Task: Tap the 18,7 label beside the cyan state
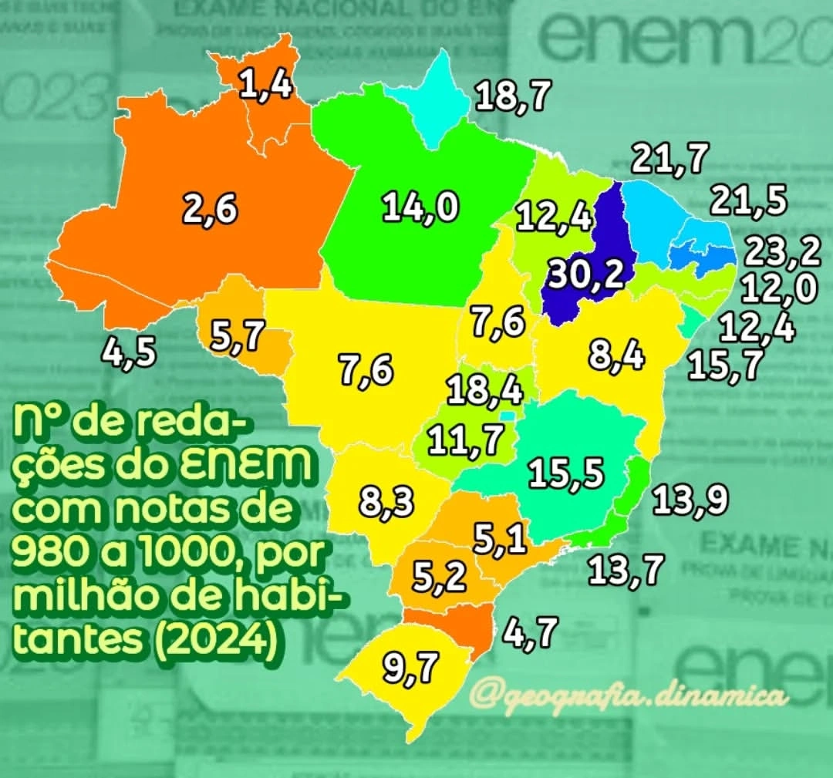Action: pos(513,97)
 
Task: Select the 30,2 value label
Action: pos(585,274)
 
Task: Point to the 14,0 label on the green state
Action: pos(421,208)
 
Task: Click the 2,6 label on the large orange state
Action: pos(210,208)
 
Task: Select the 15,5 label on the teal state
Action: pos(567,473)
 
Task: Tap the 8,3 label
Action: pos(386,504)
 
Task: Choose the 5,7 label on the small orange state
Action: pos(238,336)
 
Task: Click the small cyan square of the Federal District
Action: pos(506,416)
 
